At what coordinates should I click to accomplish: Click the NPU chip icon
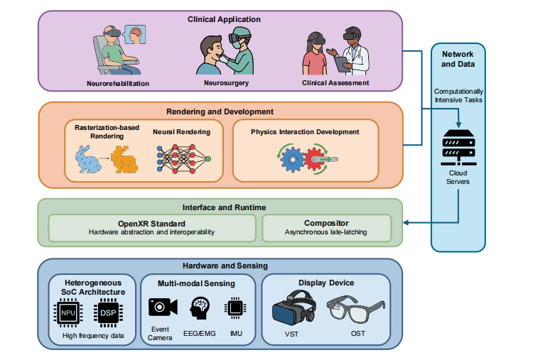pyautogui.click(x=68, y=313)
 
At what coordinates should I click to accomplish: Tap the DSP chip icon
pyautogui.click(x=108, y=313)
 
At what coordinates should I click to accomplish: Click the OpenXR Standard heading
pyautogui.click(x=151, y=222)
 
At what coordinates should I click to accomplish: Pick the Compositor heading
pyautogui.click(x=326, y=222)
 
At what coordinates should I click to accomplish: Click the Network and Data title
pyautogui.click(x=458, y=59)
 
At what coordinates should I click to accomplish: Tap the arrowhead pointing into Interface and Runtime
pyautogui.click(x=407, y=222)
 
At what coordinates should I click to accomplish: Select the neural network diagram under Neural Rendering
pyautogui.click(x=183, y=158)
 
